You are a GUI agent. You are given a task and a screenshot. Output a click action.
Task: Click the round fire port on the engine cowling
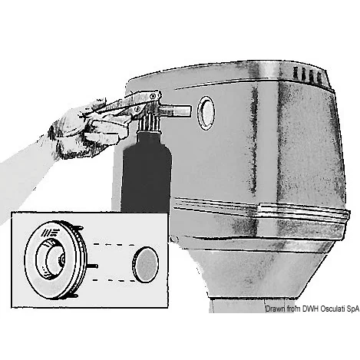coord(206,113)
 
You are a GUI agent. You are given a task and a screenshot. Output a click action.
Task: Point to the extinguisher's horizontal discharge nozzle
coord(176,111)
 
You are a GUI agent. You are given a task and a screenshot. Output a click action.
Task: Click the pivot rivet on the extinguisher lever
coord(154,96)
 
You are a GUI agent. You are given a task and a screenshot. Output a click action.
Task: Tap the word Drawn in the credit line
coord(275,309)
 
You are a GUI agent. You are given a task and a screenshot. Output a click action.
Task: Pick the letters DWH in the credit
coord(310,309)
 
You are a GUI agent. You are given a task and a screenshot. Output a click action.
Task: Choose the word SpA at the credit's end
coord(353,309)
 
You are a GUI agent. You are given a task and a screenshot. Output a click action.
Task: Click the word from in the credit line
coord(293,309)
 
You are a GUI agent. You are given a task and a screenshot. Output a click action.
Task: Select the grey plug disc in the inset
coord(145,264)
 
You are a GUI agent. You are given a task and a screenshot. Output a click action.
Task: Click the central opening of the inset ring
coord(54,259)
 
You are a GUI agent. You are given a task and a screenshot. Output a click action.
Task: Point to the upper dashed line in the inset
coord(114,244)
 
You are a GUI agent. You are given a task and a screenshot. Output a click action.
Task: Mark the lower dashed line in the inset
coord(114,280)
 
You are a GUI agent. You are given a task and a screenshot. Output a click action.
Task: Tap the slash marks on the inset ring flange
coord(51,232)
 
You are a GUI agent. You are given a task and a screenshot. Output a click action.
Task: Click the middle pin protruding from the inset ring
coord(92,266)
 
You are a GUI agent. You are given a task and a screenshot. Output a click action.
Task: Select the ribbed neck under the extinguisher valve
coord(150,124)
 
